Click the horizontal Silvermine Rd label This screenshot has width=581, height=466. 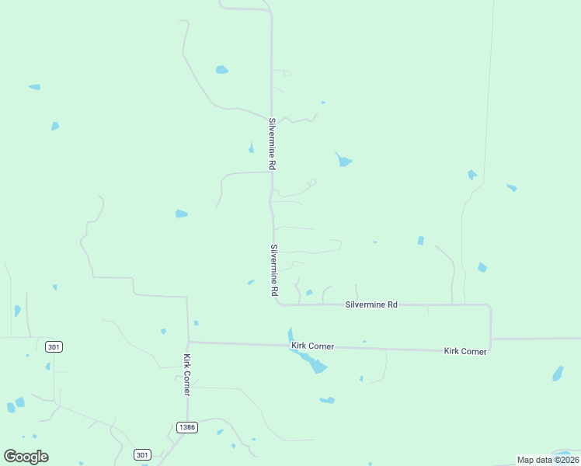tap(371, 305)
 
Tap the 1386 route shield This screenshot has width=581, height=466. tap(186, 427)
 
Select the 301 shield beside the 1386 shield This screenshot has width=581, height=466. tap(141, 454)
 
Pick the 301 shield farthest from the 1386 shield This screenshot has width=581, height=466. tap(54, 346)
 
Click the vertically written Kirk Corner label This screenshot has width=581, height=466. tap(187, 375)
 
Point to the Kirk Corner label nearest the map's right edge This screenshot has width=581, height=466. tap(465, 352)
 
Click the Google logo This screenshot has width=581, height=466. tap(26, 457)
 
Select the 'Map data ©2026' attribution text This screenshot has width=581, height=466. tap(548, 460)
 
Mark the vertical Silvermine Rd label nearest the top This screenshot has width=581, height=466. tap(273, 144)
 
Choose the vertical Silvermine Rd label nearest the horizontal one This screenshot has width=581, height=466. tap(274, 270)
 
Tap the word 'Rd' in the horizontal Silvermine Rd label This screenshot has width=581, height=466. tap(391, 305)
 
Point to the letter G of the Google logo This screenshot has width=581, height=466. tap(10, 457)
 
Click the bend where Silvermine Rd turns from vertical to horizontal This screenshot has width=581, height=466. tap(276, 303)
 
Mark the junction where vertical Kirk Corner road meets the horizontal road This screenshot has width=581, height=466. tap(188, 342)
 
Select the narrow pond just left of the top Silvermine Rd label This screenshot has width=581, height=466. tap(251, 148)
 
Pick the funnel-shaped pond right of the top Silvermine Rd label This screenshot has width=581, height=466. tap(343, 161)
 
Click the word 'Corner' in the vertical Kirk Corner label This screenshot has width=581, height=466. tap(187, 382)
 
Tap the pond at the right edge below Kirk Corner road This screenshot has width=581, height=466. tap(558, 374)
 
